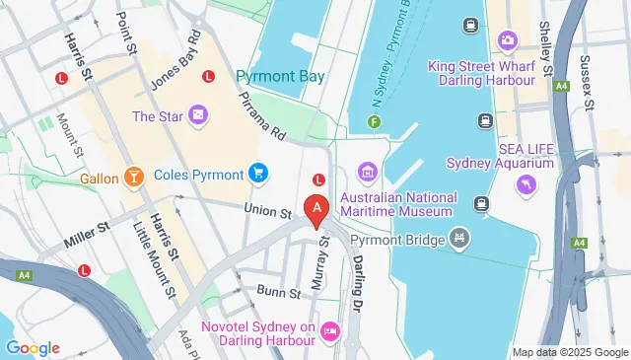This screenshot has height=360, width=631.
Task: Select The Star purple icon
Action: (x=199, y=115)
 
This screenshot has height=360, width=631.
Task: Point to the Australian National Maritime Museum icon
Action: (x=368, y=175)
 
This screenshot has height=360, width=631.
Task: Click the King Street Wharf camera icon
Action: (x=508, y=40)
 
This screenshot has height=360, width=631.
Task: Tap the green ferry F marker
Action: (x=374, y=122)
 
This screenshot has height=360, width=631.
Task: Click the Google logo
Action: (x=33, y=348)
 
